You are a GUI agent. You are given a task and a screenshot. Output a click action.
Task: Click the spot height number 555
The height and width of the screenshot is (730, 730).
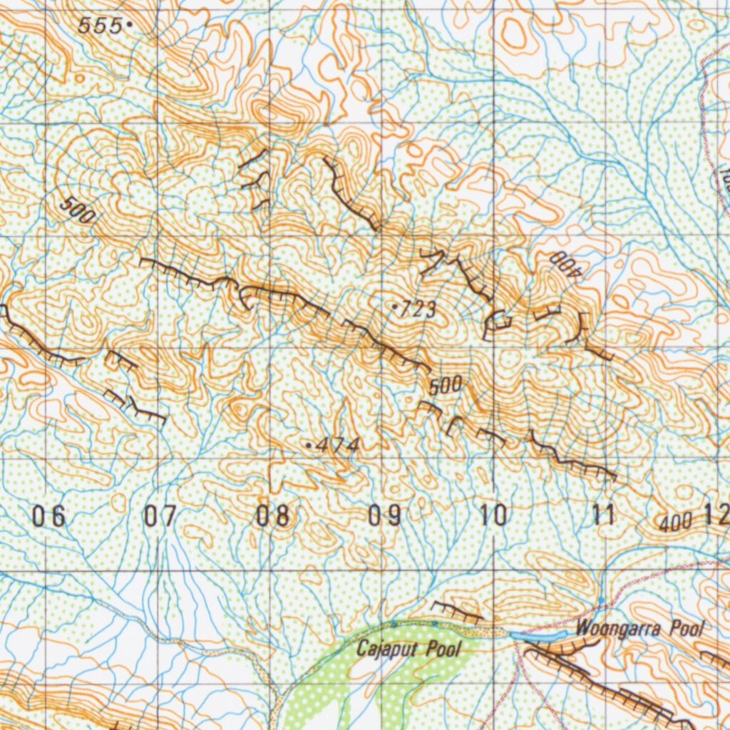pyautogui.click(x=100, y=26)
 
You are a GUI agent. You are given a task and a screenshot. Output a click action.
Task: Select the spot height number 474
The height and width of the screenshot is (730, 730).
pyautogui.click(x=336, y=446)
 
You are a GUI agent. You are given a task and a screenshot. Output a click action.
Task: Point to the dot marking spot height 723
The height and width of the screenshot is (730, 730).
pyautogui.click(x=395, y=307)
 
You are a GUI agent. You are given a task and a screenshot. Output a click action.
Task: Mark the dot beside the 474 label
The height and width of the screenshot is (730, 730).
pyautogui.click(x=309, y=445)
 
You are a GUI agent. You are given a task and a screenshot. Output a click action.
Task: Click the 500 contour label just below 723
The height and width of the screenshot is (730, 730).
pyautogui.click(x=446, y=386)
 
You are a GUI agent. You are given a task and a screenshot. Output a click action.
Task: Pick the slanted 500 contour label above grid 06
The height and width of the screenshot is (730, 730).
pyautogui.click(x=78, y=211)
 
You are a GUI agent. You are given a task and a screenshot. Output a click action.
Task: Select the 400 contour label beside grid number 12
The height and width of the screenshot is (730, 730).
pyautogui.click(x=675, y=523)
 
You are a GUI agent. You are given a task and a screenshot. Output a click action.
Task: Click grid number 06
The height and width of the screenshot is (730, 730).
pyautogui.click(x=49, y=515)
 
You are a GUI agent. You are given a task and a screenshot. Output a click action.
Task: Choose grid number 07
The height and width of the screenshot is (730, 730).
pyautogui.click(x=161, y=515)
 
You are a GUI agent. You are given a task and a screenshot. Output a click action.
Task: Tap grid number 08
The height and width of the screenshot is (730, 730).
pyautogui.click(x=273, y=515)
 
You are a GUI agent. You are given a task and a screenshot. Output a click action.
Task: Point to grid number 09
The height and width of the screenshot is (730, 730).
pyautogui.click(x=384, y=515)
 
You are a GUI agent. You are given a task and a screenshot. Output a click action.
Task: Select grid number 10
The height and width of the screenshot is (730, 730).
pyautogui.click(x=495, y=515)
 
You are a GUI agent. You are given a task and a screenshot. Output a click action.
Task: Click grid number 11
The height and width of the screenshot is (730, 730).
pyautogui.click(x=605, y=515)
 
